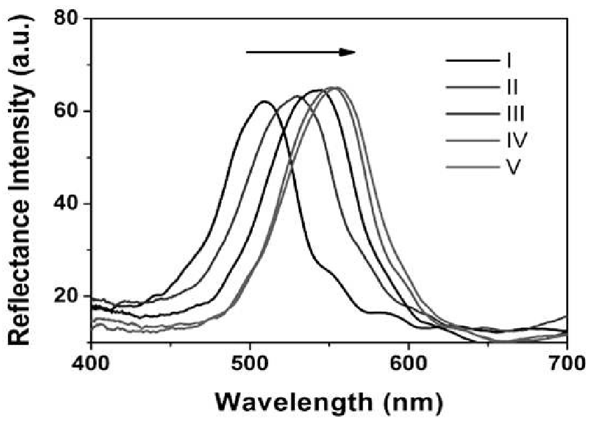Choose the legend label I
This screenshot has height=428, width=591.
pyautogui.click(x=508, y=61)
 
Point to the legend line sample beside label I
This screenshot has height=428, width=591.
pyautogui.click(x=470, y=61)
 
